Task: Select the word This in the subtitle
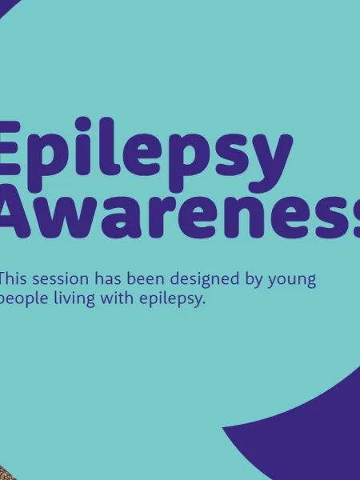[x=14, y=280]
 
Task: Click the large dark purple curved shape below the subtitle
[x=312, y=432]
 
